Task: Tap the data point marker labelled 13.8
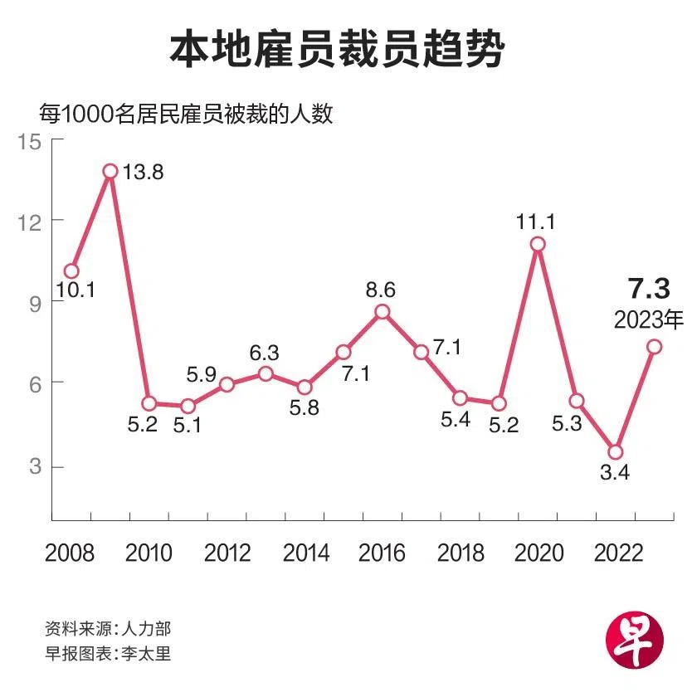coord(110,171)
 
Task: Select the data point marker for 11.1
coord(538,244)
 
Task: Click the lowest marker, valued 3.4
coord(615,452)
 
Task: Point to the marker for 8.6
coord(382,312)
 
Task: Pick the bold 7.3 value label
coord(649,289)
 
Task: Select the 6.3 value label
coord(265,352)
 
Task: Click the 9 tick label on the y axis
coord(33,303)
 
